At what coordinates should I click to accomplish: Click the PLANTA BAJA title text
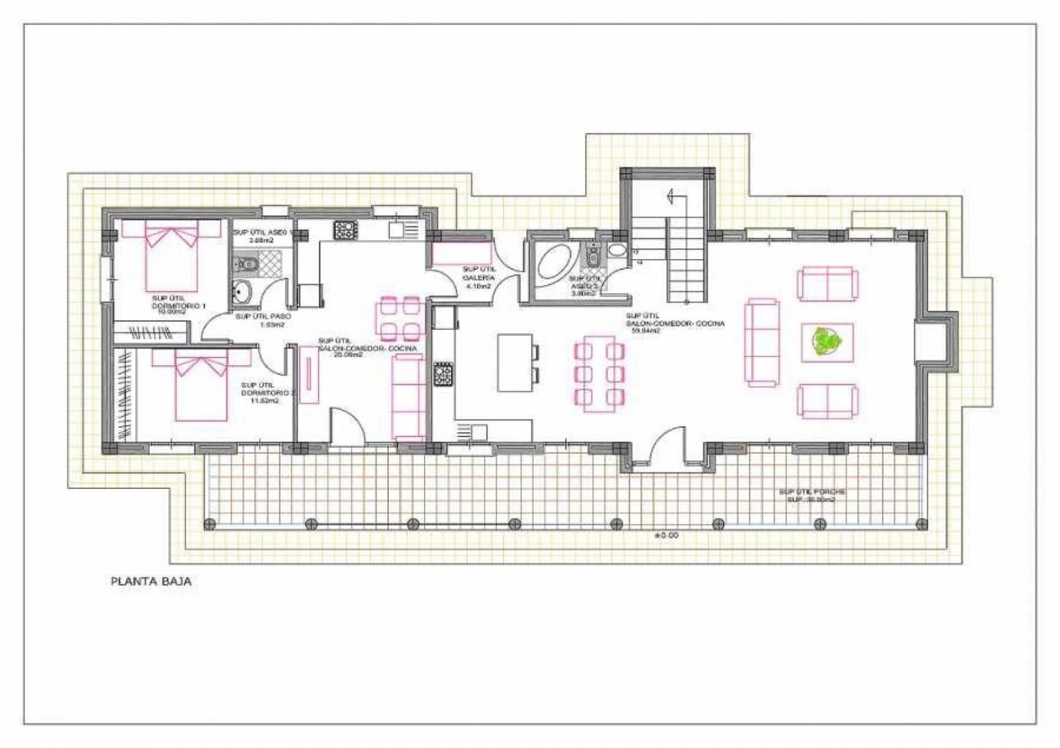(x=151, y=582)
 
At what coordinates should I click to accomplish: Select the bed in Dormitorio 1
(x=172, y=256)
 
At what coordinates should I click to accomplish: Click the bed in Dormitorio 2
(x=201, y=386)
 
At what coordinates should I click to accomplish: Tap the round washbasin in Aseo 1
(x=243, y=292)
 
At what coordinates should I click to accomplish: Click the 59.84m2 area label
(x=643, y=330)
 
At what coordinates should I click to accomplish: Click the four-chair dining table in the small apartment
(x=397, y=318)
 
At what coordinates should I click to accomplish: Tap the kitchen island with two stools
(x=515, y=362)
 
